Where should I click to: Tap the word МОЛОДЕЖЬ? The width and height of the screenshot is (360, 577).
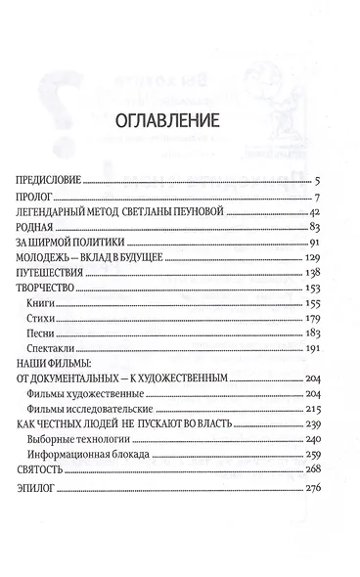tap(48, 257)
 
